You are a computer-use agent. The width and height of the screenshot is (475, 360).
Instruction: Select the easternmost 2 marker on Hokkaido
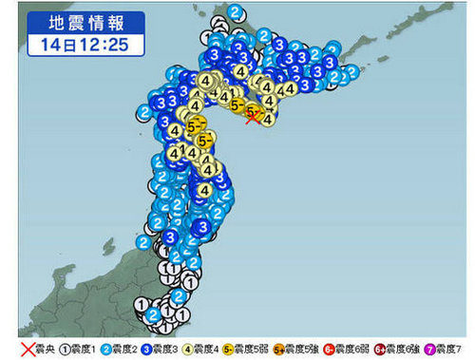pyautogui.click(x=352, y=70)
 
